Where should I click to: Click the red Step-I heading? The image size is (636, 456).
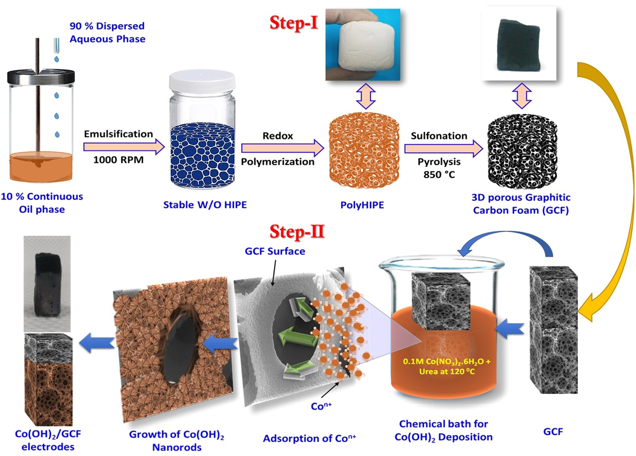294,23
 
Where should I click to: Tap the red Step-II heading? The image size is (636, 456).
297,232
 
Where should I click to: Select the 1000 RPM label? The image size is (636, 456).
118,160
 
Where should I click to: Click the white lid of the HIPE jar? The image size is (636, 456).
202,80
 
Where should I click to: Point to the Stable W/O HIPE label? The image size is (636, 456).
205,205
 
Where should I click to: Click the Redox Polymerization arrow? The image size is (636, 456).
282,148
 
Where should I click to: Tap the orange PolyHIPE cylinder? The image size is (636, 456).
364,150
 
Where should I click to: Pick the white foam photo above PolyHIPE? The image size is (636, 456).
363,44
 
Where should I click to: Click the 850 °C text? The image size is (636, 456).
439,174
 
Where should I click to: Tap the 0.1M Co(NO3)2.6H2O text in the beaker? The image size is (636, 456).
447,361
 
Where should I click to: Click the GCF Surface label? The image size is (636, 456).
275,251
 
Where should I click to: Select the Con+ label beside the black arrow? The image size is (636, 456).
321,406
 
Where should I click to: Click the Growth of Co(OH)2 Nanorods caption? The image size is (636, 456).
176,440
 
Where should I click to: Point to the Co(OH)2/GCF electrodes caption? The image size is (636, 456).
48,440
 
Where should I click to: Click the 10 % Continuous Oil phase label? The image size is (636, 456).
42,203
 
